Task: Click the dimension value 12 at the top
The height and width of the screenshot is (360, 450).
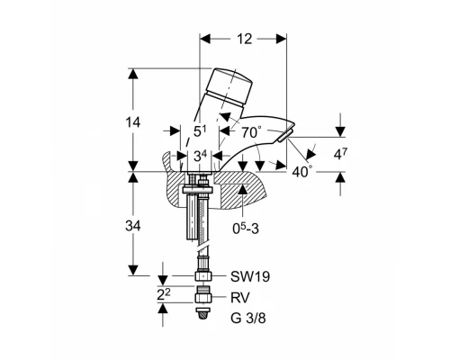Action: (x=245, y=39)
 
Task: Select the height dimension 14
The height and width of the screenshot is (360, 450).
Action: (x=132, y=122)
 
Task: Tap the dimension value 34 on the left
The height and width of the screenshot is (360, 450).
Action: (x=133, y=226)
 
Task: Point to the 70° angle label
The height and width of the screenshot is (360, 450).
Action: (x=251, y=132)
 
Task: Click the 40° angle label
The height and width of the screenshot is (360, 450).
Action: (x=302, y=171)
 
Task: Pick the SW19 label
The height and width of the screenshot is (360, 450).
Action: (x=250, y=276)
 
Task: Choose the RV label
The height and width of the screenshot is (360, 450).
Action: (x=240, y=298)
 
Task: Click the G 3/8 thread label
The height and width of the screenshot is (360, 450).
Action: (x=248, y=319)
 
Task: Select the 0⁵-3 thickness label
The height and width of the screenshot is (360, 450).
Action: (x=246, y=229)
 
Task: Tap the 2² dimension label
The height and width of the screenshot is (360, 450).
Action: (x=164, y=295)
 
